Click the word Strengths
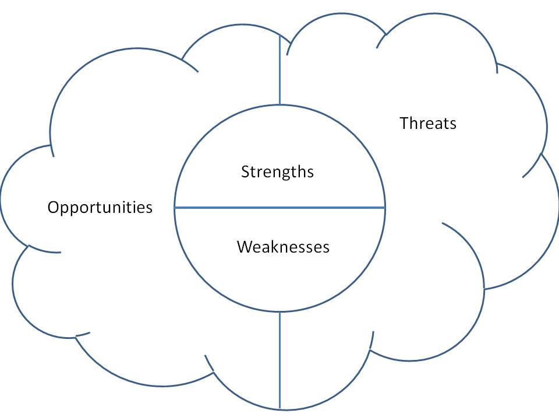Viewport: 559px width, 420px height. click(x=277, y=172)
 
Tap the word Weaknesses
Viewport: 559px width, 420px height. click(x=283, y=247)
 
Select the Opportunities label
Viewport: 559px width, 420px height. click(x=100, y=208)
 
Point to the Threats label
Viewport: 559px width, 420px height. click(x=428, y=124)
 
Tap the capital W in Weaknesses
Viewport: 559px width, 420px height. click(x=243, y=247)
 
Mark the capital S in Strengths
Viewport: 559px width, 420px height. click(x=245, y=172)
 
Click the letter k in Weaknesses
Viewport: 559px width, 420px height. click(x=270, y=247)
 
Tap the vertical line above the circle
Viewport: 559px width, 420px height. click(x=280, y=70)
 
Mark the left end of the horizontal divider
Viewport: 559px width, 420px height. click(x=176, y=207)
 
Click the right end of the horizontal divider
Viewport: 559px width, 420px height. click(x=384, y=207)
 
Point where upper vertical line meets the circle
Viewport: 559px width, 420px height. click(x=280, y=104)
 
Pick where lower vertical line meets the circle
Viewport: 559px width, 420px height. click(x=280, y=311)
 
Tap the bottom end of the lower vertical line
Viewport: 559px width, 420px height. click(x=280, y=408)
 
